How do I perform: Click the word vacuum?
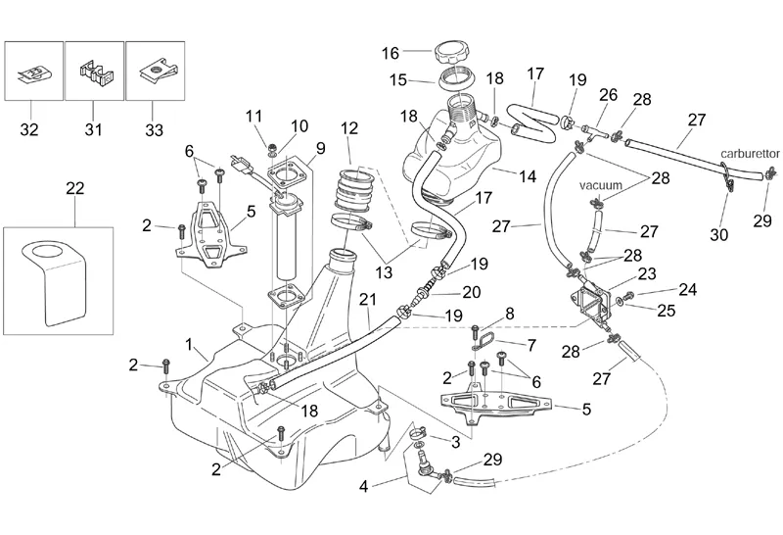600,183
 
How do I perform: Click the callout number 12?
349,127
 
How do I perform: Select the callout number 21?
366,299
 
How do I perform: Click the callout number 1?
188,345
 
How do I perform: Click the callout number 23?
647,274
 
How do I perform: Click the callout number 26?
608,96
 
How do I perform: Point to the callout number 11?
255,117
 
